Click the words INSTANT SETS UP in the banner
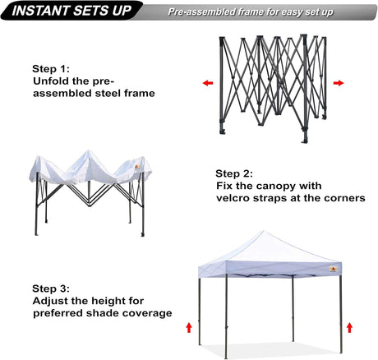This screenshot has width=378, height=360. coord(71,11)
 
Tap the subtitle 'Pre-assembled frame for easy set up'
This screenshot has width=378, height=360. coord(251,12)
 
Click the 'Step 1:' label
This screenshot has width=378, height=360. coord(51,69)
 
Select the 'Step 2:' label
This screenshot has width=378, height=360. coord(234,173)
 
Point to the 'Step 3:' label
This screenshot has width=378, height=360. coord(51,288)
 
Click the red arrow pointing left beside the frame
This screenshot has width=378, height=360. coord(208,83)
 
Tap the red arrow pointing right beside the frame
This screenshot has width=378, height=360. coord(339,83)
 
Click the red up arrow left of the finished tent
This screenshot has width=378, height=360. coord(189,328)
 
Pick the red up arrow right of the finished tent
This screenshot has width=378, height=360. coord(349,328)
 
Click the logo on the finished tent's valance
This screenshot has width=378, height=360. coord(333,270)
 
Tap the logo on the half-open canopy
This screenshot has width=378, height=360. coord(137,167)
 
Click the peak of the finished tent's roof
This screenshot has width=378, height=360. coord(264,231)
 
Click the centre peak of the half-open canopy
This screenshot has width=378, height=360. coord(88,151)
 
